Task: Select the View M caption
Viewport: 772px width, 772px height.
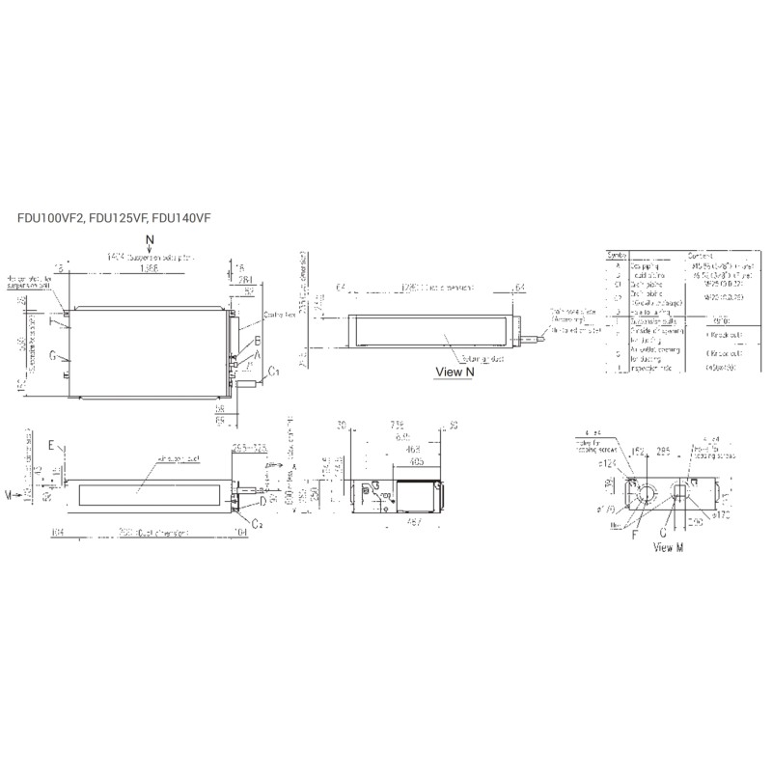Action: coord(668,548)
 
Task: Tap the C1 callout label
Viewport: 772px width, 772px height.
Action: coord(274,370)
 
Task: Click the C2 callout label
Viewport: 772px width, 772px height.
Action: coord(258,521)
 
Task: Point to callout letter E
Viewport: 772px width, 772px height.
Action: coord(51,447)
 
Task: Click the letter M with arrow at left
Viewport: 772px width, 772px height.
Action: coord(9,494)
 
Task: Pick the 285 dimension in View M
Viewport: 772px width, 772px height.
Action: coord(663,450)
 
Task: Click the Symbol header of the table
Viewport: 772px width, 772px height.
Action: coord(617,255)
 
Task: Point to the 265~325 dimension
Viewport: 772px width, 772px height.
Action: coord(249,449)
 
